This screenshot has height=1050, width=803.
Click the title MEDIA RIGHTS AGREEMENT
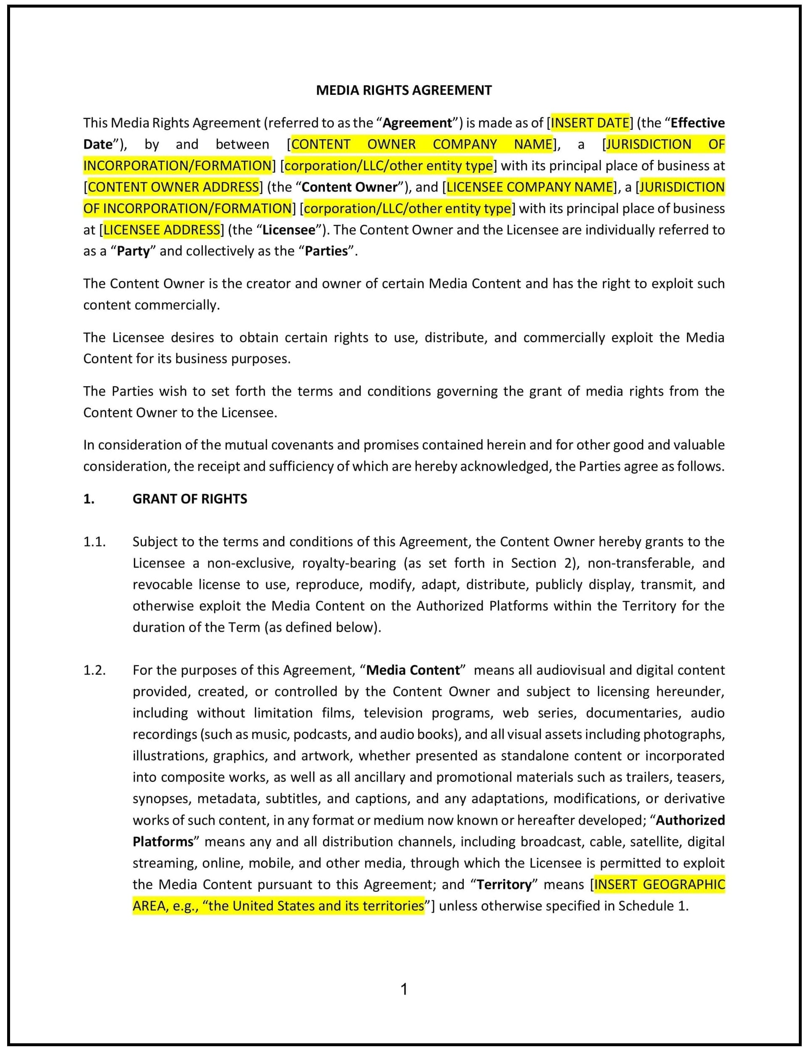pyautogui.click(x=404, y=90)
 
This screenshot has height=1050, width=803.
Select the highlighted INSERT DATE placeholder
pyautogui.click(x=590, y=123)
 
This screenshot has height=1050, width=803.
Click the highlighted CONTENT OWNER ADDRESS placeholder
pyautogui.click(x=173, y=187)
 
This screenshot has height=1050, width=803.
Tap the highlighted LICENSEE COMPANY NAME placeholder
pyautogui.click(x=529, y=187)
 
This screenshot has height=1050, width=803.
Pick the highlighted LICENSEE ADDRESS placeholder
pyautogui.click(x=162, y=230)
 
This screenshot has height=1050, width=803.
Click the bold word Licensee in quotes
pyautogui.click(x=289, y=230)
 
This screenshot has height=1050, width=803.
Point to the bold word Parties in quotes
pyautogui.click(x=327, y=251)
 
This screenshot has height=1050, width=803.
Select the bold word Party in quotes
pyautogui.click(x=133, y=251)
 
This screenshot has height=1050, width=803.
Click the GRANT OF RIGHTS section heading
pyautogui.click(x=190, y=499)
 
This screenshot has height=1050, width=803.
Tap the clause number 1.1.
pyautogui.click(x=94, y=542)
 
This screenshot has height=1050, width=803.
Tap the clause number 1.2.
pyautogui.click(x=94, y=670)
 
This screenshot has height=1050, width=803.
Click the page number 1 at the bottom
pyautogui.click(x=404, y=989)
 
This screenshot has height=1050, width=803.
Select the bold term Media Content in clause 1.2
pyautogui.click(x=413, y=670)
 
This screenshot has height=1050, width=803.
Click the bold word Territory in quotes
pyautogui.click(x=504, y=885)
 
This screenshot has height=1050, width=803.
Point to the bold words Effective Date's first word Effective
pyautogui.click(x=697, y=123)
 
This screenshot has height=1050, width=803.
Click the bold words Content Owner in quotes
pyautogui.click(x=349, y=187)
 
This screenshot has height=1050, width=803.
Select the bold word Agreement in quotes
pyautogui.click(x=417, y=123)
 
